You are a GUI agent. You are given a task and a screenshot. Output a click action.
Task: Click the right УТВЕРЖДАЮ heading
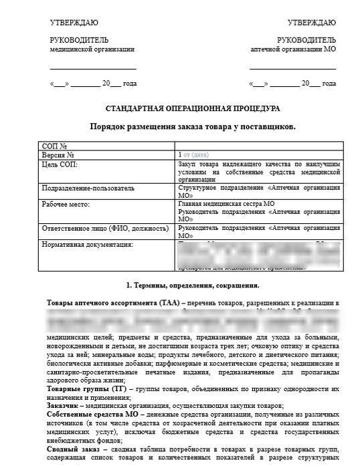click(311, 23)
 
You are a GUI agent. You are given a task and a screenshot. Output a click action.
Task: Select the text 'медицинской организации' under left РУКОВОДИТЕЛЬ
click(92, 49)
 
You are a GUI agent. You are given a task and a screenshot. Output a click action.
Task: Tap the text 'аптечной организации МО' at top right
click(292, 49)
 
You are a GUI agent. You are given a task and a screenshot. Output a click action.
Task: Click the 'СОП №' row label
click(54, 145)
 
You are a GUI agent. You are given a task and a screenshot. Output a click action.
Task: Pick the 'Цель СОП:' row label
click(60, 164)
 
